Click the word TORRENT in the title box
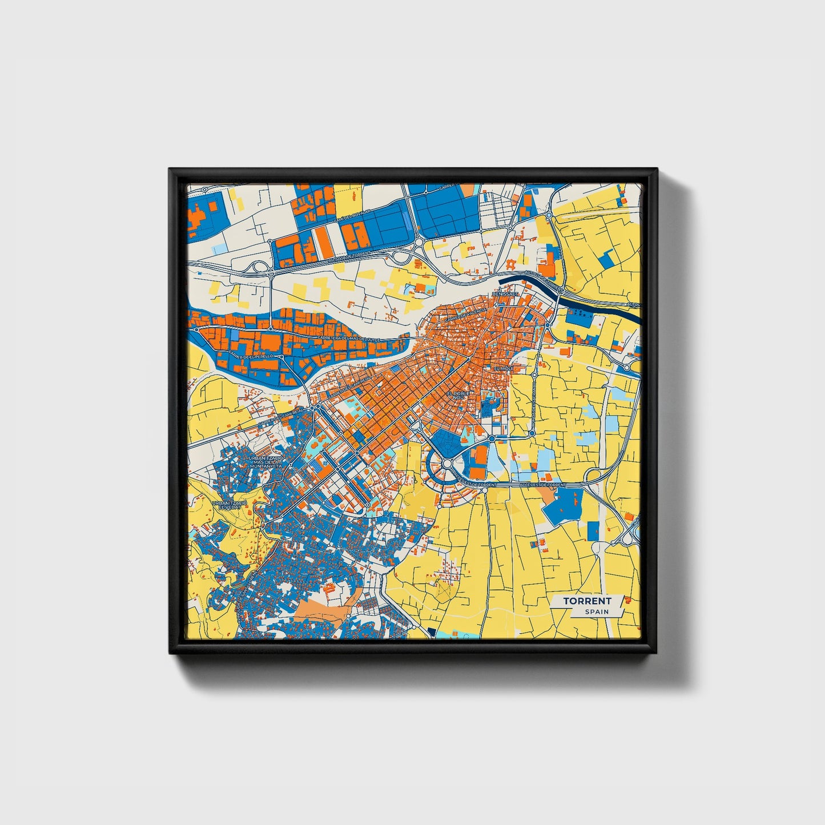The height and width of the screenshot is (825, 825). [586, 601]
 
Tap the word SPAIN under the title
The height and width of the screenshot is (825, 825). [596, 611]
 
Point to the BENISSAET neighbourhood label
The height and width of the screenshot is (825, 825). [504, 294]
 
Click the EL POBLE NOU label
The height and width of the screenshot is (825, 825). [458, 396]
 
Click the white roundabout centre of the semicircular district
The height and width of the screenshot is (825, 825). [446, 464]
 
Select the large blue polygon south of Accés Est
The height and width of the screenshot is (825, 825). [564, 506]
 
